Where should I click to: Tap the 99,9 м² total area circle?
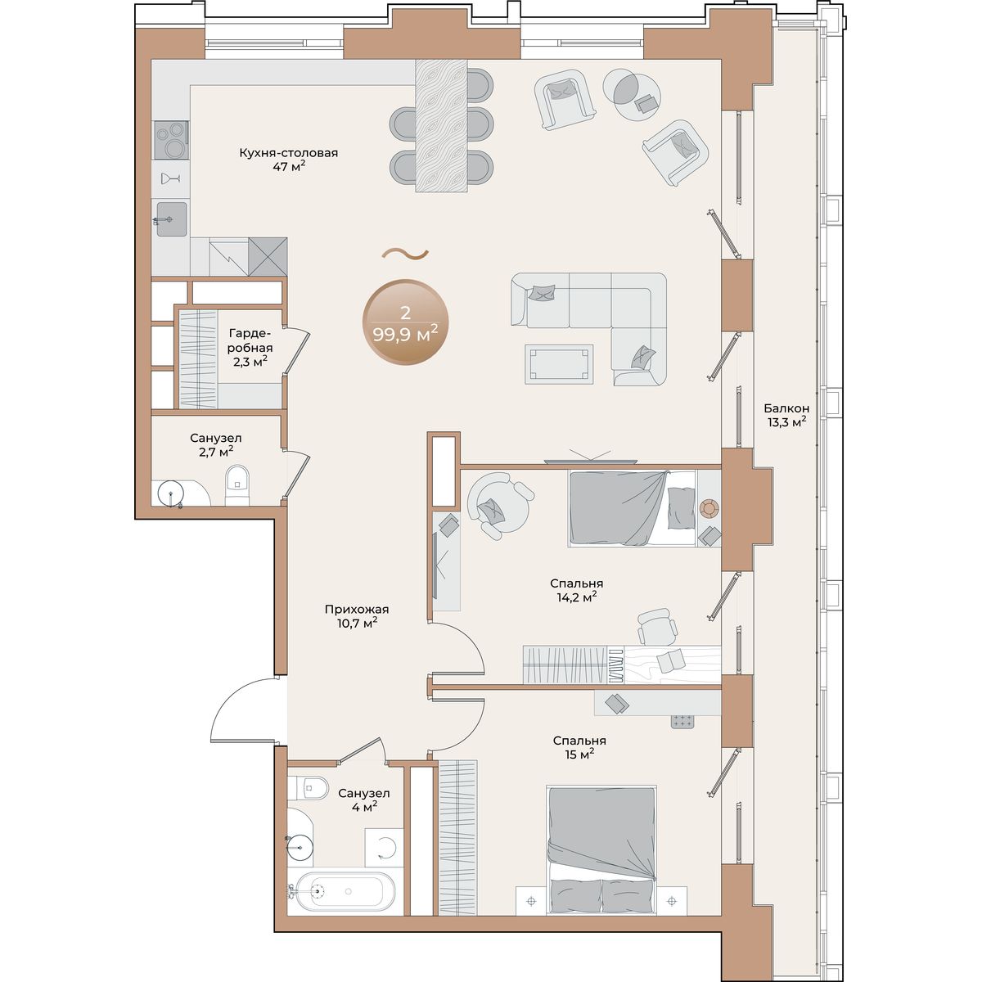(x=405, y=322)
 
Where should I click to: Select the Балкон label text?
(x=786, y=408)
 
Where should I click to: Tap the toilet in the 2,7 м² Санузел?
(x=236, y=484)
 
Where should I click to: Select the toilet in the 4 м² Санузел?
(x=307, y=789)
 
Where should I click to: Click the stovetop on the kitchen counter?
(x=171, y=140)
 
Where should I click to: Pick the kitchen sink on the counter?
(x=172, y=219)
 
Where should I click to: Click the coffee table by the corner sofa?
(x=559, y=364)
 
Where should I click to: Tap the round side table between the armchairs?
(x=632, y=94)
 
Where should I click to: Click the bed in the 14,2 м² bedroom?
(x=632, y=508)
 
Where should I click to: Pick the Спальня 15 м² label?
(x=579, y=747)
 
